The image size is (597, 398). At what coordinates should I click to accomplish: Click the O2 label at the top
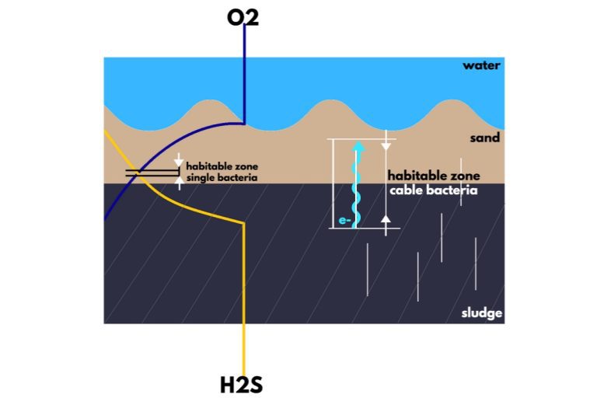pos(243,18)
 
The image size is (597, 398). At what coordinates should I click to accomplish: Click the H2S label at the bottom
pos(242,385)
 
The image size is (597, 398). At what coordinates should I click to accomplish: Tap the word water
pos(481,65)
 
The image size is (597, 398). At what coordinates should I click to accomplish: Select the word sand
pos(485,138)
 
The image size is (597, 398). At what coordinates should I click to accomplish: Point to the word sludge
pos(482,313)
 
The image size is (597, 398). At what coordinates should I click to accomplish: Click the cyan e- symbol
pos(344,220)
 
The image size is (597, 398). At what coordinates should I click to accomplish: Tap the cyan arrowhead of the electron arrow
pos(358,146)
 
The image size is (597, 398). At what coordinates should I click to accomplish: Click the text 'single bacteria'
pos(222,178)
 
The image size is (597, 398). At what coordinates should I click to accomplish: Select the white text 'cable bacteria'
pos(433,190)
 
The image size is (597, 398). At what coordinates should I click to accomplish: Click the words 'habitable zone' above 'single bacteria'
pos(222,166)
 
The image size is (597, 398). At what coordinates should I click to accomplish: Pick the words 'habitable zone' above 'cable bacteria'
pos(434,176)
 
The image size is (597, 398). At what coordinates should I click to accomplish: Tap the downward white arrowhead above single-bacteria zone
pos(179,162)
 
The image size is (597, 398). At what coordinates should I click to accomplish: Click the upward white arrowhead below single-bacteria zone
pos(180,181)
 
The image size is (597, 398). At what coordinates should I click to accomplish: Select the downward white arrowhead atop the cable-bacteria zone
pos(386,147)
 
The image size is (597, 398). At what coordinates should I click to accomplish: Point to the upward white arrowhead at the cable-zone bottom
pos(386,219)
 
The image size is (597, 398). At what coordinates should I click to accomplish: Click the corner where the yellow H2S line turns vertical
pos(243,224)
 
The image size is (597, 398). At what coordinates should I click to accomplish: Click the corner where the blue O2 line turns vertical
pos(244,124)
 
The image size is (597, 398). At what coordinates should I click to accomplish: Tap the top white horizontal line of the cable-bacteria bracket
pos(361,139)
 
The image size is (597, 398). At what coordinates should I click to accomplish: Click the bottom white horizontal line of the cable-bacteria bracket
pos(365,228)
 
